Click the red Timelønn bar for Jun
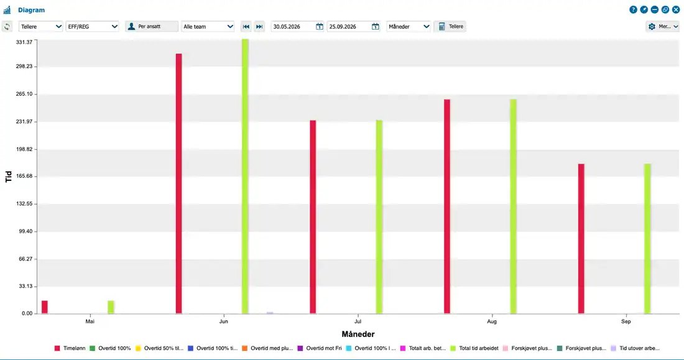179,183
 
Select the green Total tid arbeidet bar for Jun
245,177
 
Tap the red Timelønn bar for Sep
581,239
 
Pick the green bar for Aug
514,206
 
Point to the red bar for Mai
45,307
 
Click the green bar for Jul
379,217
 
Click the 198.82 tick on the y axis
24,149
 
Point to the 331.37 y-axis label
24,42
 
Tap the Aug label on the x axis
492,321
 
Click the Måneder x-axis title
358,335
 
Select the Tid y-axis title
8,177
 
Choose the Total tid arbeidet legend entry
474,348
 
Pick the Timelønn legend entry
70,348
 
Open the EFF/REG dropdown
93,27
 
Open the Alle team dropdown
208,27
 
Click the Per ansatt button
152,27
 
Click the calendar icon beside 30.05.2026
320,27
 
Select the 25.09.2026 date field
349,27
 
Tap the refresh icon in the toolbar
7,27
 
